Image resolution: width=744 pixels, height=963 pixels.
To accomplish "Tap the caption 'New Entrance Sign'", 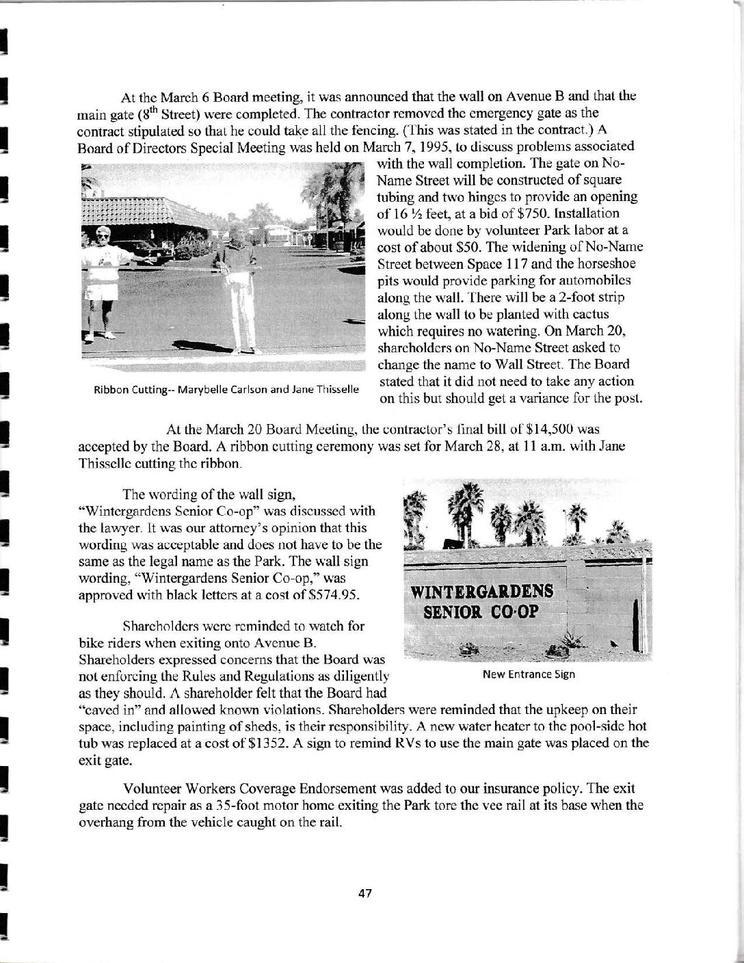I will tap(529, 674).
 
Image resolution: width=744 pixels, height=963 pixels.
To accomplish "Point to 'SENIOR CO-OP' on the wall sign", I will tap(481, 611).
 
